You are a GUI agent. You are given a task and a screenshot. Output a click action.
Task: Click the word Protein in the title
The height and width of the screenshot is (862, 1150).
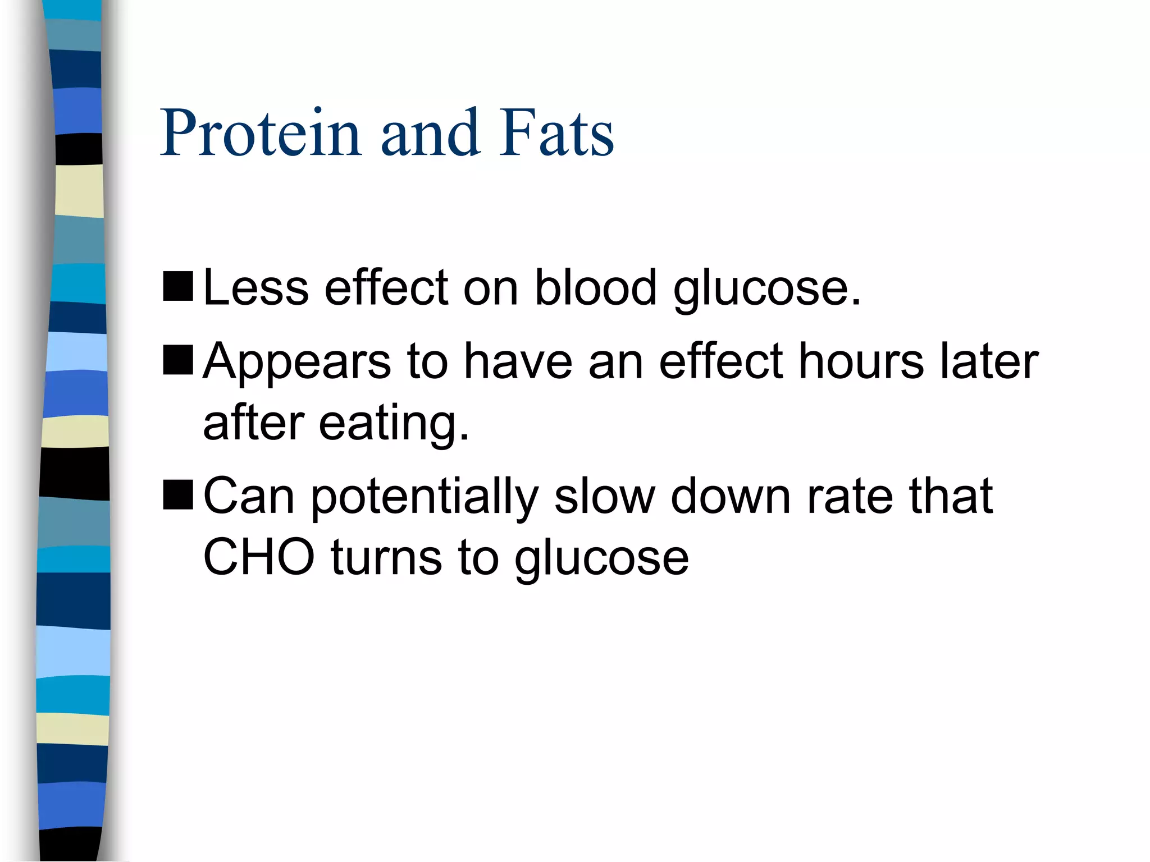point(260,133)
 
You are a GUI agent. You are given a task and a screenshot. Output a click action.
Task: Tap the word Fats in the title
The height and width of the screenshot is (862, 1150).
point(556,133)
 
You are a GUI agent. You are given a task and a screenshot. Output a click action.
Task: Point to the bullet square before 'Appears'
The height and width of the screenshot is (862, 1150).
point(178,360)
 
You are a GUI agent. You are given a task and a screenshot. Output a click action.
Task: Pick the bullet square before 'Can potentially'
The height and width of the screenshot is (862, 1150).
point(178,494)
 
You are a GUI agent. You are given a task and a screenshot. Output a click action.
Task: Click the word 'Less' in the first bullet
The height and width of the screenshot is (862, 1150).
point(255,287)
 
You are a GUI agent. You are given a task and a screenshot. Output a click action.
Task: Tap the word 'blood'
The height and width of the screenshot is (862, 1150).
point(595,287)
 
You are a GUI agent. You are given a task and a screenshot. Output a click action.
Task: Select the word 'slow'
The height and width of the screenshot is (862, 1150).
point(604,496)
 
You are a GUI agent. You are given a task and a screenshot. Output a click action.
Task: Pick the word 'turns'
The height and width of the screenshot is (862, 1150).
point(386,558)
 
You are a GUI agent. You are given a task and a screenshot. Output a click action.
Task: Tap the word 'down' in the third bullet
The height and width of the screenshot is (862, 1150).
point(731,496)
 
